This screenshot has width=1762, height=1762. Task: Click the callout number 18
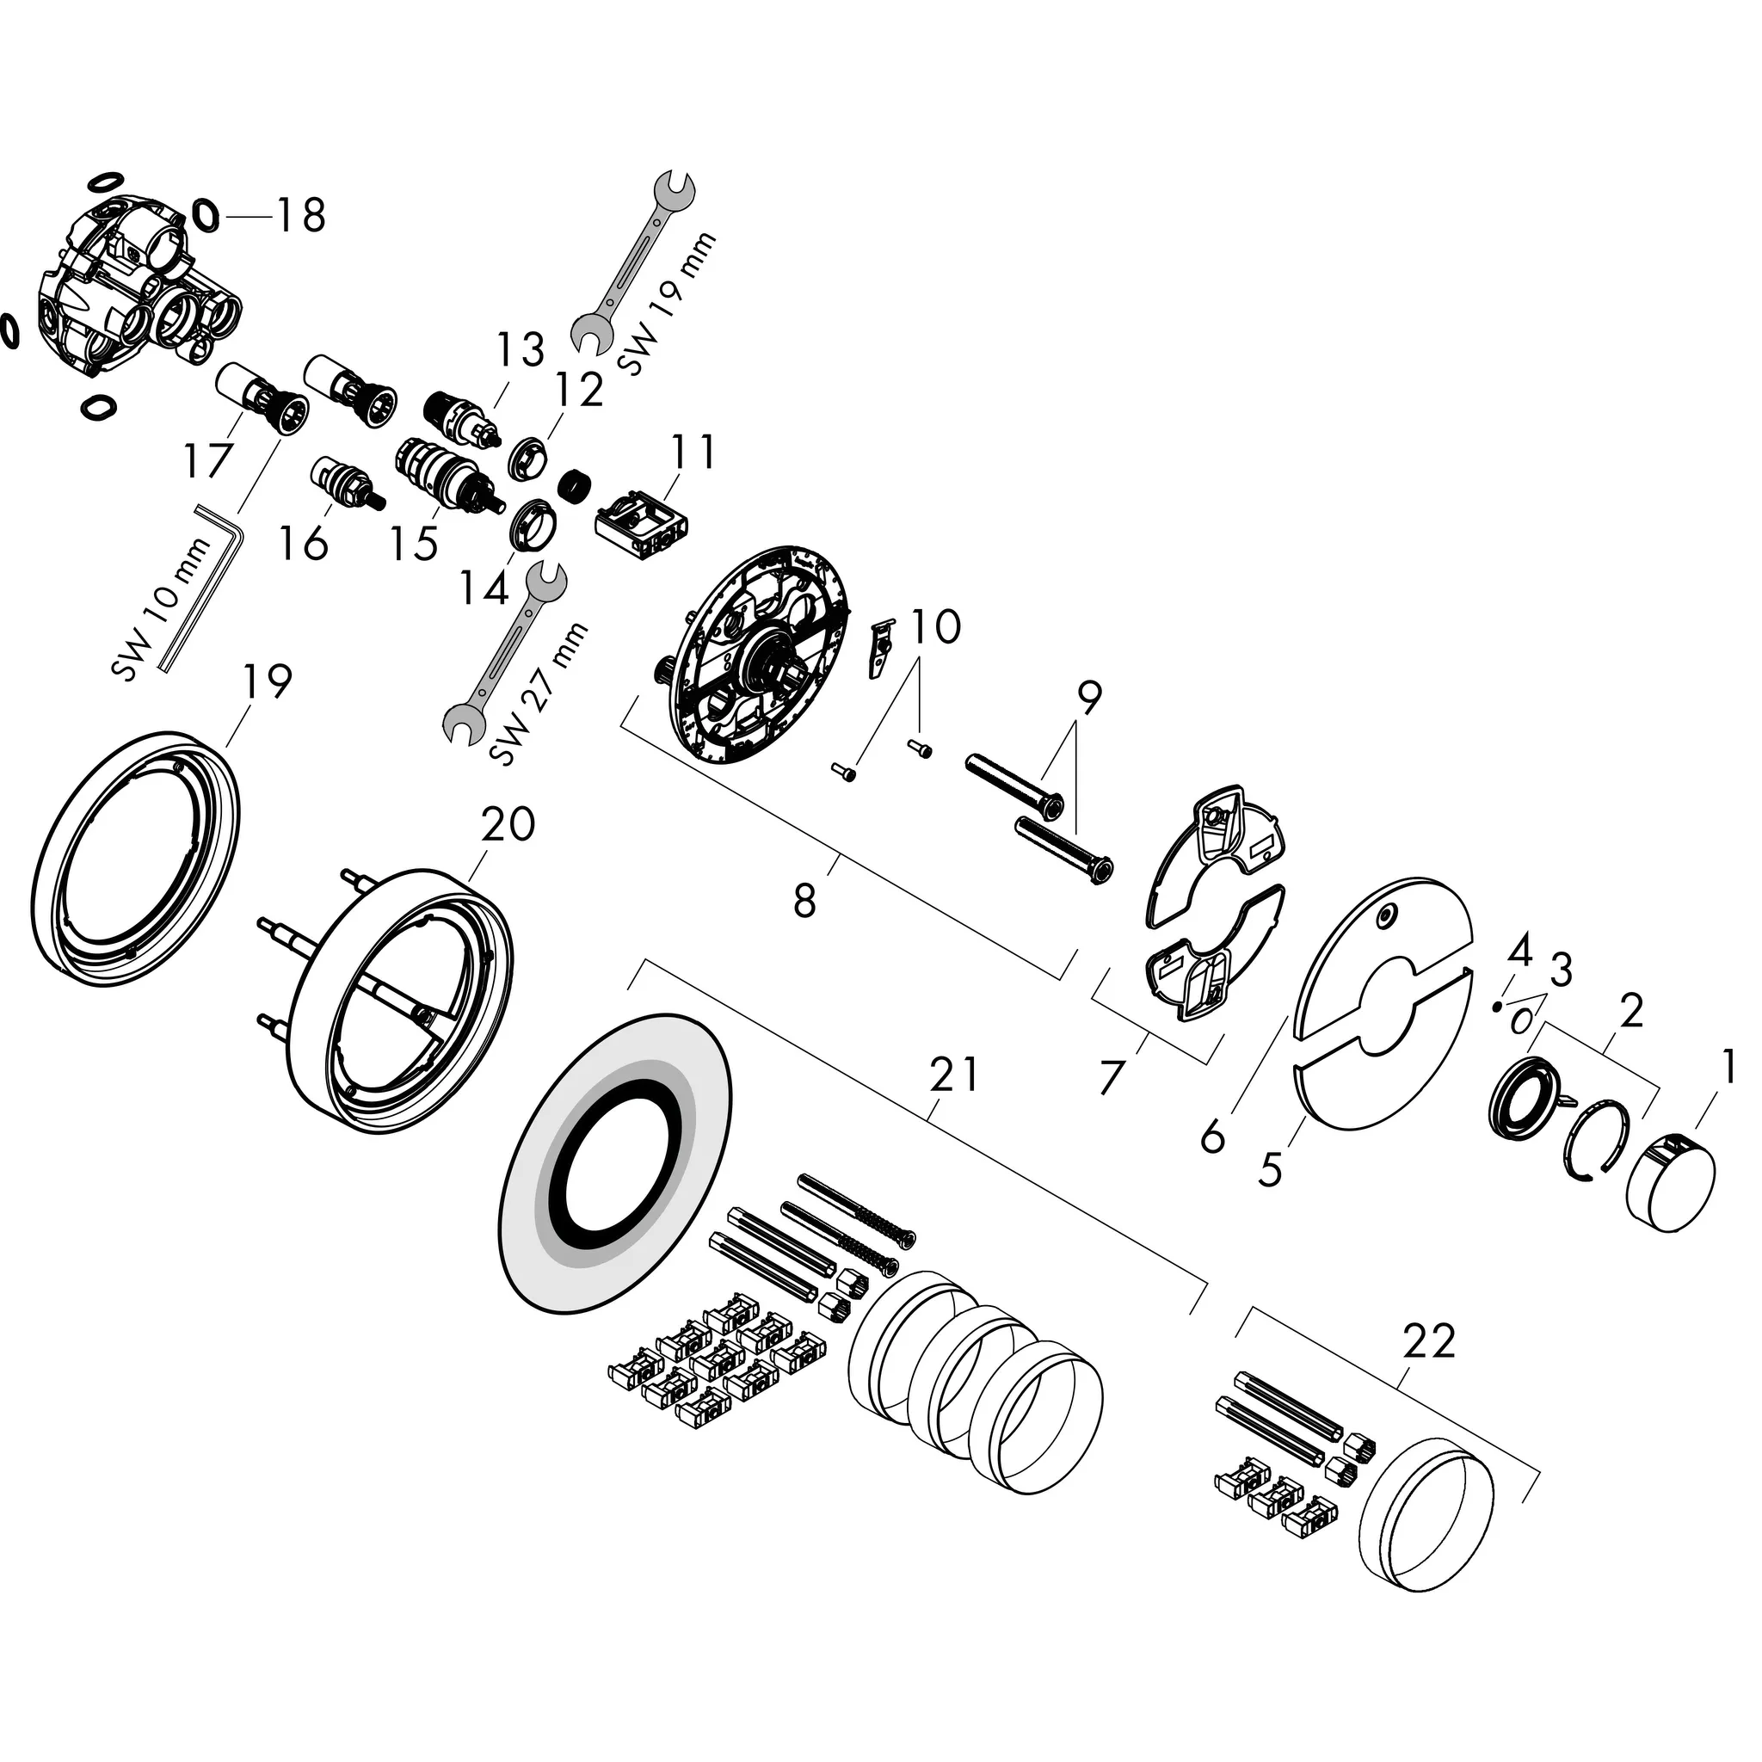[x=301, y=216]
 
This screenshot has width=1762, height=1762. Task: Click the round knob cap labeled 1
[x=1671, y=1181]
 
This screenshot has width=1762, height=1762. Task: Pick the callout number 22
[x=1428, y=1341]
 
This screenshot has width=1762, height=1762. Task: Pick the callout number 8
[x=804, y=902]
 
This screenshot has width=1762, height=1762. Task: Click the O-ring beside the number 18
[x=208, y=215]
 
